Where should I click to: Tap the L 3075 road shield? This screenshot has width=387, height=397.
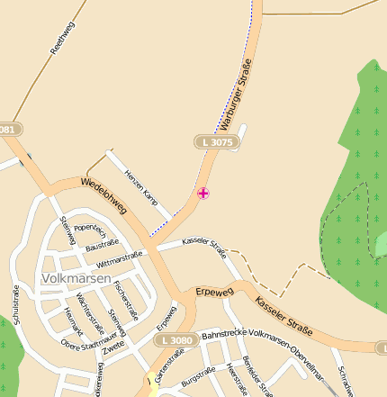click(x=217, y=142)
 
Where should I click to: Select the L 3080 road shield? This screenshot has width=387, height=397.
click(x=175, y=340)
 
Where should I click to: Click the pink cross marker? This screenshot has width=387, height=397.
click(x=203, y=193)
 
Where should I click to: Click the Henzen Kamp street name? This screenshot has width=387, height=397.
click(x=140, y=185)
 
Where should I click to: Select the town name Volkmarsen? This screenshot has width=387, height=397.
click(x=76, y=279)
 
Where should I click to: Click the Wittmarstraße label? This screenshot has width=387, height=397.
click(x=120, y=261)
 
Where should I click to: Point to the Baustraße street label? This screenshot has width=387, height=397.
click(x=103, y=244)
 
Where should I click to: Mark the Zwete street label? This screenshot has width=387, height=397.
click(x=114, y=346)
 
